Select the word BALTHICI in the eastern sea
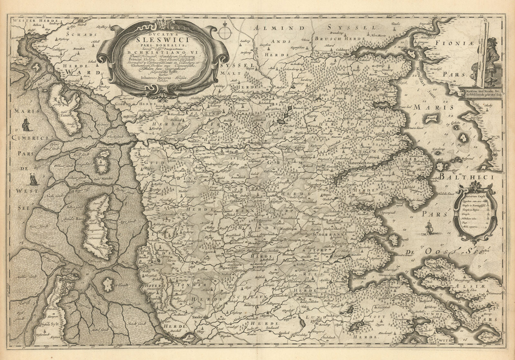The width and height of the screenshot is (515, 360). click(466, 176)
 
